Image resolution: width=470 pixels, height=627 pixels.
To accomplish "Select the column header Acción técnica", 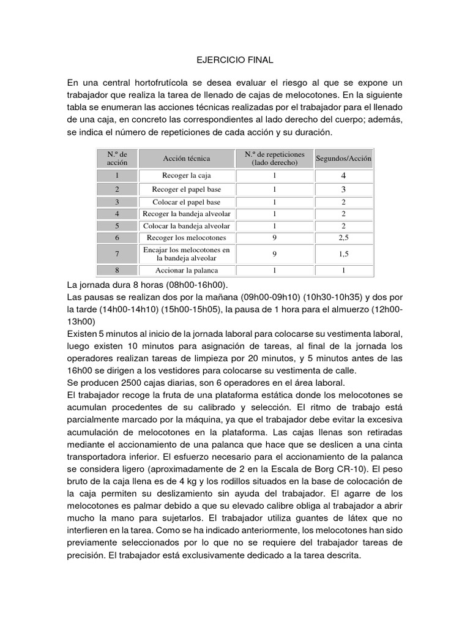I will tap(187, 159).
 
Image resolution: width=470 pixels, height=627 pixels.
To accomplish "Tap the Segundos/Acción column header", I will tap(343, 159).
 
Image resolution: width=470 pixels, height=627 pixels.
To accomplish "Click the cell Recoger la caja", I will tap(187, 176).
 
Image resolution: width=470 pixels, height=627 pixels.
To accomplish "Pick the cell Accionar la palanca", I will tap(187, 270).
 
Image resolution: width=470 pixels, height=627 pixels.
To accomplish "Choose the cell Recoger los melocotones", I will tap(187, 238).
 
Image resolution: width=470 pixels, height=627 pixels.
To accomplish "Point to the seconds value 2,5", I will tap(343, 238).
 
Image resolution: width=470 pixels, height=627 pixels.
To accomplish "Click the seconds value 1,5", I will tap(343, 253).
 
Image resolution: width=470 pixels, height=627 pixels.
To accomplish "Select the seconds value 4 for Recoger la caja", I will tap(343, 176).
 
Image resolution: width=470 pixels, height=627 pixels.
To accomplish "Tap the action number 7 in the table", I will tap(116, 253).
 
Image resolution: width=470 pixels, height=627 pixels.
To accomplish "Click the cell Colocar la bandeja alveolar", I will tap(187, 226).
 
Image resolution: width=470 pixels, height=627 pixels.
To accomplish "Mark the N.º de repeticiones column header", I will tap(275, 159).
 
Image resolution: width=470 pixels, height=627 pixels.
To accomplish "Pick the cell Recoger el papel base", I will tap(187, 189).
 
